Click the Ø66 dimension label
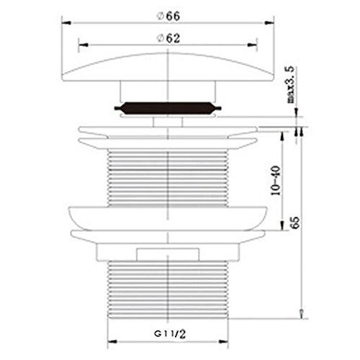point(168,17)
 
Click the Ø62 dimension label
point(168,38)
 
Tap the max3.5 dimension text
point(291,85)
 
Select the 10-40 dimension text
point(276,181)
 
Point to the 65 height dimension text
point(296,222)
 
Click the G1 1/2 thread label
point(170,334)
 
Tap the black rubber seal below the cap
point(168,108)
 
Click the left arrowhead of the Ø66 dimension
point(66,23)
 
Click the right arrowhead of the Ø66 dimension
point(269,23)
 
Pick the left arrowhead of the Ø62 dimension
point(84,45)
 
